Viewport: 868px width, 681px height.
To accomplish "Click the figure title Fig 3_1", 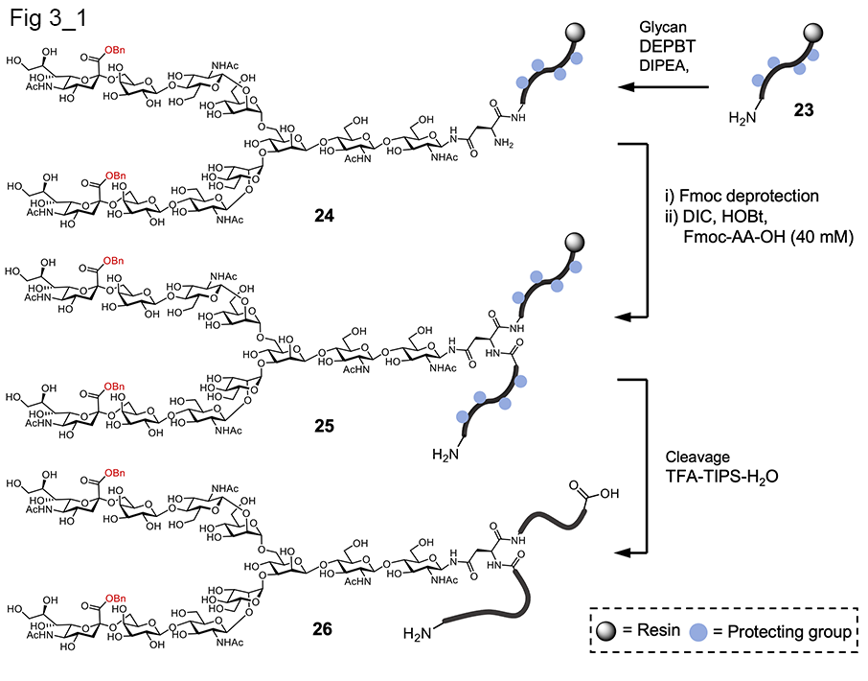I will [44, 19].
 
